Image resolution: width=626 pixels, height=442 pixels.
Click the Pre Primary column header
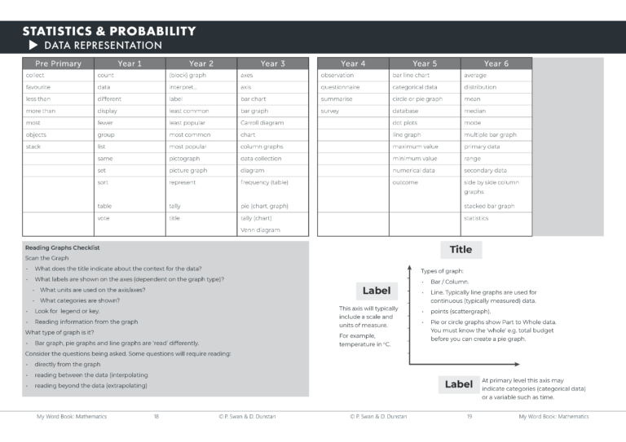coord(58,63)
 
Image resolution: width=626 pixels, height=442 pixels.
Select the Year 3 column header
coord(273,63)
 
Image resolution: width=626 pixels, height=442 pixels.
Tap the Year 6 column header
coord(496,63)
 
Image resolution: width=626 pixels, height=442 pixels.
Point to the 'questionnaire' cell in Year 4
coord(340,86)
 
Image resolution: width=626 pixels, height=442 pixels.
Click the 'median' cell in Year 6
coord(474,111)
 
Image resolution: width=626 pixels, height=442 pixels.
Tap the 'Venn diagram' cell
coord(260,230)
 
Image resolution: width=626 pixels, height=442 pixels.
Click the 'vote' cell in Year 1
coord(104,218)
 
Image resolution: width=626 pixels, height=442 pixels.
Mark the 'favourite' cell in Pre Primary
coord(38,86)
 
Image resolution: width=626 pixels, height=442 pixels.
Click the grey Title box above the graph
coord(461,250)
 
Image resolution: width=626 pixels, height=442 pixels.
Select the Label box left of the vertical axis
coord(377,291)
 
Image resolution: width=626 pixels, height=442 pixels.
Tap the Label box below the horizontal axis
coord(459,384)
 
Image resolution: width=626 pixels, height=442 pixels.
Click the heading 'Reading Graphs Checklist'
coord(63,247)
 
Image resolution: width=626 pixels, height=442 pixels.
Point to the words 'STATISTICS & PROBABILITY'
coord(108,31)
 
